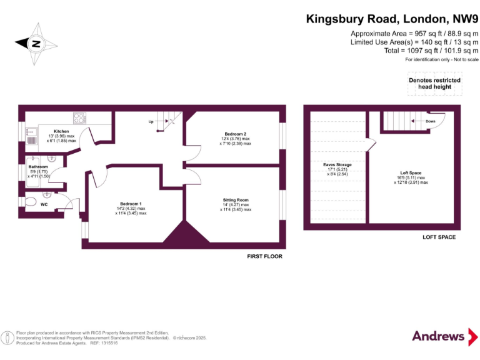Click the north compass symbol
(x=36, y=43)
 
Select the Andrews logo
(x=439, y=336)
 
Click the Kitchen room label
(x=61, y=132)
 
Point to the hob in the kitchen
(x=79, y=117)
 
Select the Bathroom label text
(x=38, y=167)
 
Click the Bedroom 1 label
(x=131, y=204)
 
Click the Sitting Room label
(x=236, y=200)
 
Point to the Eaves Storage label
(x=337, y=165)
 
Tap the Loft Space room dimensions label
(x=411, y=179)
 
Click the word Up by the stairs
(x=151, y=122)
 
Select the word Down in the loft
(x=431, y=121)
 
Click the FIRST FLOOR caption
(x=264, y=256)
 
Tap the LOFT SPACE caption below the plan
(x=439, y=237)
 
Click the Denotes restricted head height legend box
(x=434, y=84)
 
